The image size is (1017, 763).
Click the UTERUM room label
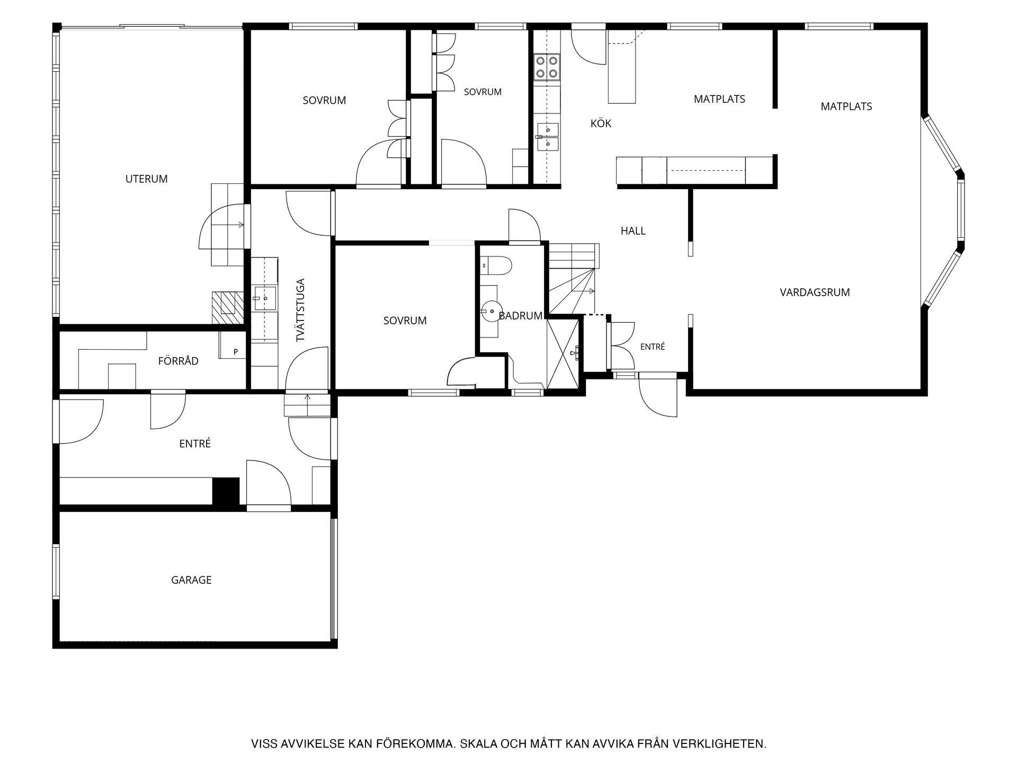coord(146,179)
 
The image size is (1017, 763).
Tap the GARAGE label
coord(191,580)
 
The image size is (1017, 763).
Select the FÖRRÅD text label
coord(179,361)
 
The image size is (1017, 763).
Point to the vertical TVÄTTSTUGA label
coord(300,310)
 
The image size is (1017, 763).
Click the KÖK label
coord(601,123)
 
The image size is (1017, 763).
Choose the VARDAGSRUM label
coord(815,292)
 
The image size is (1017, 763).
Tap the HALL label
coord(633,231)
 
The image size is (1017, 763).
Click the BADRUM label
coord(521,316)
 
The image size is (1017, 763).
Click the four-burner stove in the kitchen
coord(547,67)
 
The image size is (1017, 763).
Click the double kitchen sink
coord(548,136)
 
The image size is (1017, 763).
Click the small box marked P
coord(233,345)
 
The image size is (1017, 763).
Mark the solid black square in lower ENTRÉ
coord(226,491)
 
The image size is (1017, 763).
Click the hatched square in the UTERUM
coord(228,308)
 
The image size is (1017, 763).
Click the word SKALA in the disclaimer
coord(476,744)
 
